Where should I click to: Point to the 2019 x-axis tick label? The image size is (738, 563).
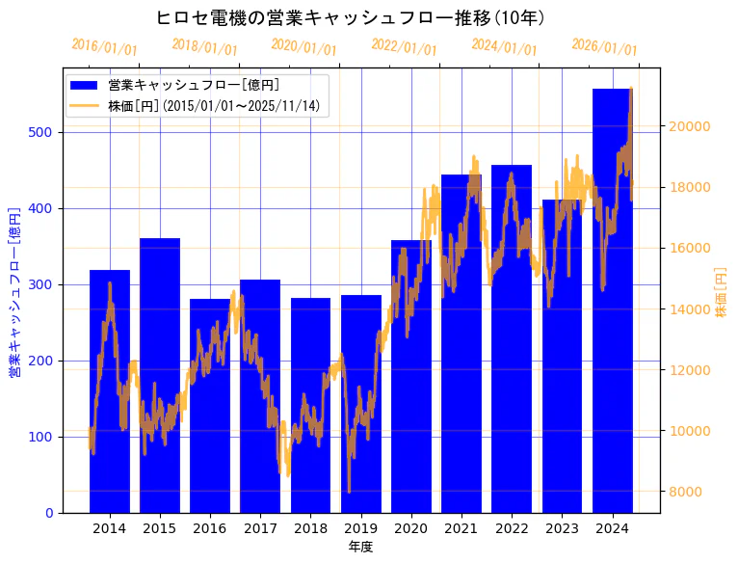tap(360, 527)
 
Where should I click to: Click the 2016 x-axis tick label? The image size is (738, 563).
tap(210, 527)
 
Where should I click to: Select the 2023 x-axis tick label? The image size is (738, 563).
tap(562, 527)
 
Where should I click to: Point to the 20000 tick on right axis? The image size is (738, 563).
tap(691, 126)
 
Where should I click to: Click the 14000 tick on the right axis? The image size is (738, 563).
tap(691, 309)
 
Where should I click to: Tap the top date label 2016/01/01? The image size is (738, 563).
tap(104, 47)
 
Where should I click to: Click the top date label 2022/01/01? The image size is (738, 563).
tap(404, 47)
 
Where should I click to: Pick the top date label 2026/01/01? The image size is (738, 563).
tap(604, 47)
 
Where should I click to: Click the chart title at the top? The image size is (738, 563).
tap(351, 17)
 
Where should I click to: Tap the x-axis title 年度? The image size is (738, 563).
tap(360, 547)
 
